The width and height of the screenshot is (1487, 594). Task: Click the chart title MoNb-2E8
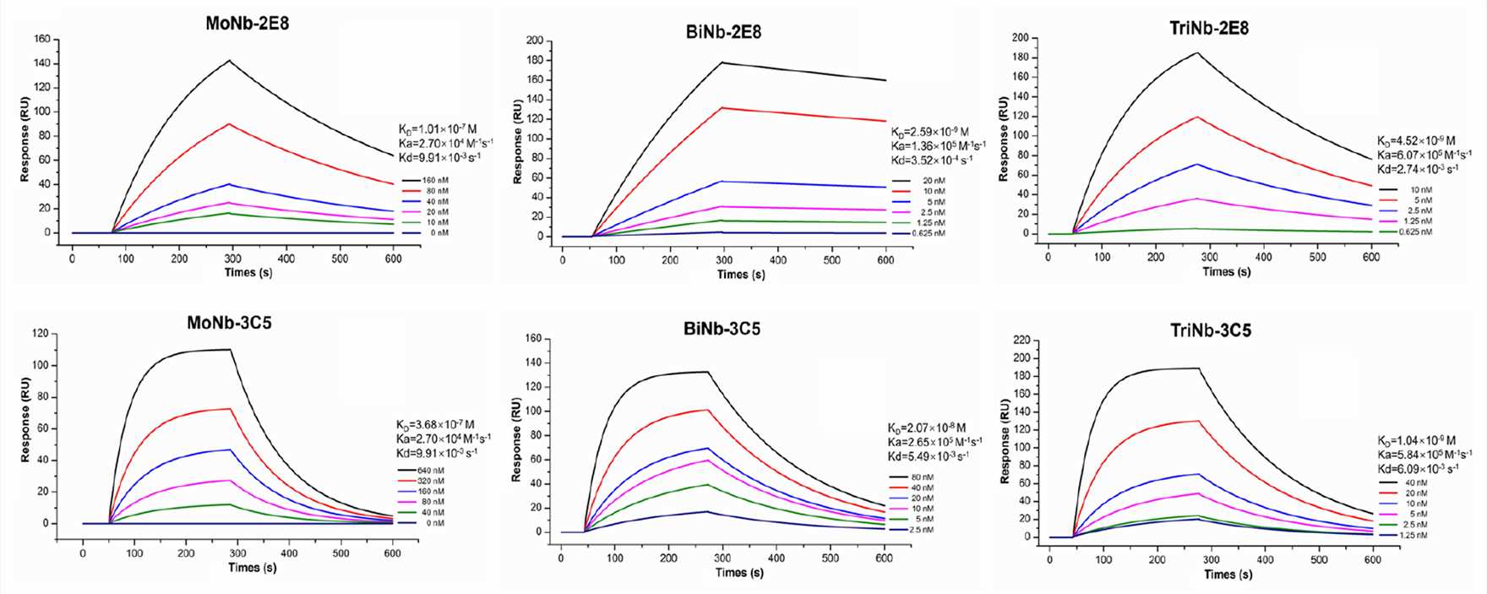point(247,24)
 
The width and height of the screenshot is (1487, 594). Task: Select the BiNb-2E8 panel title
point(723,32)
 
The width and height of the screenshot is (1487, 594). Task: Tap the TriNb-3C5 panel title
point(1211,330)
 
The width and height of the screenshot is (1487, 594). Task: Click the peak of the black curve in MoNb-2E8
point(229,61)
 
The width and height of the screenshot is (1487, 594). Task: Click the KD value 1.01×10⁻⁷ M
point(438,129)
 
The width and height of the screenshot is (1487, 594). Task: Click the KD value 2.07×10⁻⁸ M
point(927,428)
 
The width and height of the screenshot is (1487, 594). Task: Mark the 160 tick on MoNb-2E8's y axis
point(41,39)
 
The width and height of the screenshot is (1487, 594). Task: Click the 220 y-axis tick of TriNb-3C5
point(1021,341)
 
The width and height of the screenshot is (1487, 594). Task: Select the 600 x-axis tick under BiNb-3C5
point(884,558)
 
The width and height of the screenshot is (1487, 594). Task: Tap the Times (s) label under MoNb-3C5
point(252,567)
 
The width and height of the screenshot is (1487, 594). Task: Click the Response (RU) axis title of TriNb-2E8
point(1003,139)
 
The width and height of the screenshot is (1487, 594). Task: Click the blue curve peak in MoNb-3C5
point(230,450)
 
